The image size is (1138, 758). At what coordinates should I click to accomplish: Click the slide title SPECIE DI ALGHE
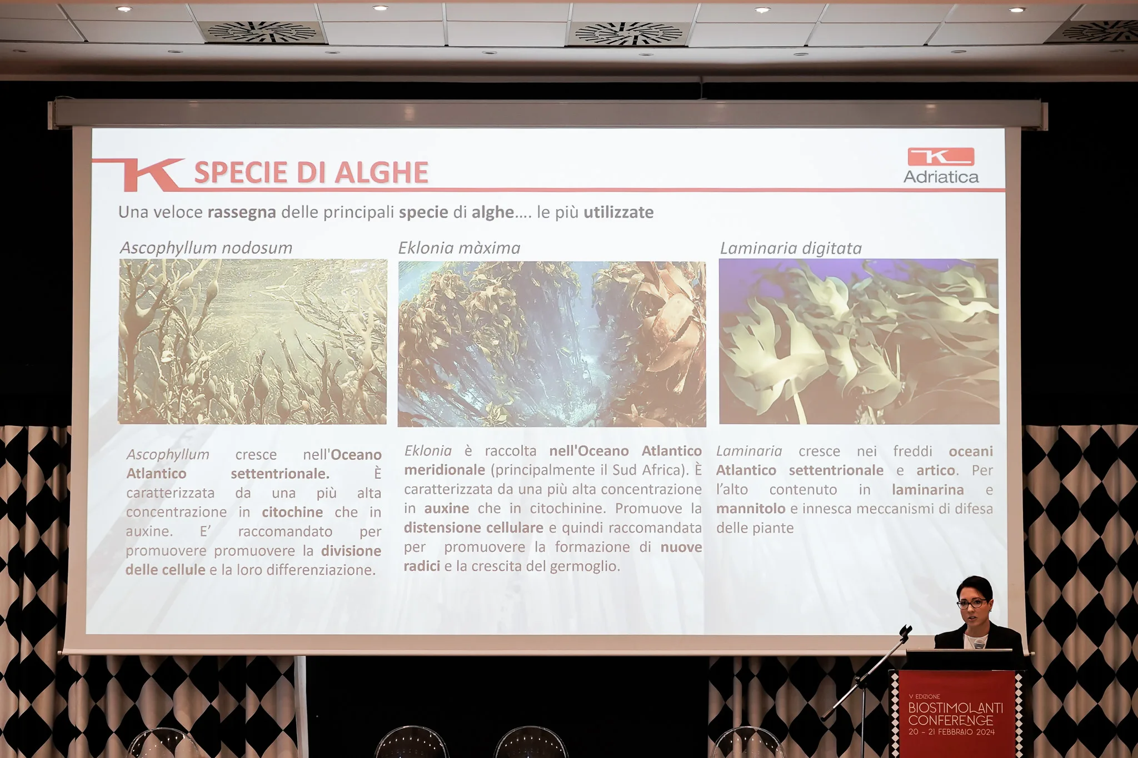tap(311, 172)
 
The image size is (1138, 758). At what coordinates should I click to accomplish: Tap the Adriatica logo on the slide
tap(941, 165)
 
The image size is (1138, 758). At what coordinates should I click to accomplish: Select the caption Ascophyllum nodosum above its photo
tap(206, 248)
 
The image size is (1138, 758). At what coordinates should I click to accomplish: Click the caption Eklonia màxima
tap(459, 248)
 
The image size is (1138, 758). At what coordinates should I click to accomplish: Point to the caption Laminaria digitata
tap(791, 248)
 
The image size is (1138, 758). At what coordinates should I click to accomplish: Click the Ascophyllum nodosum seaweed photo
tap(252, 342)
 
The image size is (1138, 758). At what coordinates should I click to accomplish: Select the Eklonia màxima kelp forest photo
tap(552, 344)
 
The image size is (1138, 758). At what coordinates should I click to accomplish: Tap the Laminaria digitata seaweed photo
tap(859, 342)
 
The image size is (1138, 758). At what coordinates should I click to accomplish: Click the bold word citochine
tap(292, 512)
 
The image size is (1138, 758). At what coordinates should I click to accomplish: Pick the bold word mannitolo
tap(751, 509)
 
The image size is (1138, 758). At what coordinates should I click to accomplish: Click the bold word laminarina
tap(928, 490)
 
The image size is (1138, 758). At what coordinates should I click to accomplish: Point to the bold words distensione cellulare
tap(473, 528)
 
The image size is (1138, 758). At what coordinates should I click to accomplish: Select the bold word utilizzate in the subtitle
tap(618, 212)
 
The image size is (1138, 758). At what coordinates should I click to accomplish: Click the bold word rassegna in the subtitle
tap(242, 213)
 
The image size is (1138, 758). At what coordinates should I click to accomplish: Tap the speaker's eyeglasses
tap(972, 603)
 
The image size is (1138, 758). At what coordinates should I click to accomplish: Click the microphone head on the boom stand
tap(906, 631)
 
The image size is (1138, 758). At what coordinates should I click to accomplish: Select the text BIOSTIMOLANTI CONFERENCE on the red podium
tap(955, 714)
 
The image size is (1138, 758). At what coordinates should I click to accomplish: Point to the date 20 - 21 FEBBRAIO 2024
tap(951, 732)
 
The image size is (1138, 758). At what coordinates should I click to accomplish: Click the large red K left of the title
tap(151, 174)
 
